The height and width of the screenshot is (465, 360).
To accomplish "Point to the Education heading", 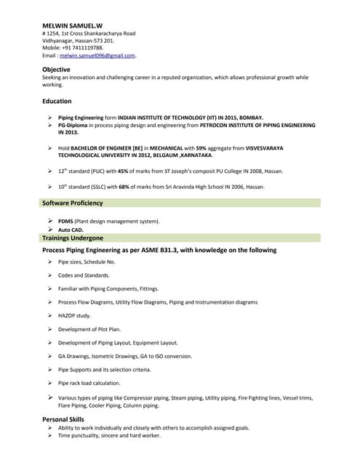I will coord(57,101).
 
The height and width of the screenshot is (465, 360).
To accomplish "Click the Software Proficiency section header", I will coord(73,203).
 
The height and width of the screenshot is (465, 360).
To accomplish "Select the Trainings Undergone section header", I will coord(73,238).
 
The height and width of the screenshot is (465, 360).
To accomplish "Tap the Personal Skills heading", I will coord(63,419).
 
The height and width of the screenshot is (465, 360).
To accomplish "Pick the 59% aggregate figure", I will coord(201,147).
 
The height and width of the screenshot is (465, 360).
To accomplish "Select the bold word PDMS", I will coord(65,221).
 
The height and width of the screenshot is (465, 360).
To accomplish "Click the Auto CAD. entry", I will coord(71,230).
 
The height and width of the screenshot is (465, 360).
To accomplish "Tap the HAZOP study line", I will coord(74,315).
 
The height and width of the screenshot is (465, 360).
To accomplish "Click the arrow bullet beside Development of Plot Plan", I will coord(49,329).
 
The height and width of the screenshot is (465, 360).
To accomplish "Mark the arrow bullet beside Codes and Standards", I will coord(49,275).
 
